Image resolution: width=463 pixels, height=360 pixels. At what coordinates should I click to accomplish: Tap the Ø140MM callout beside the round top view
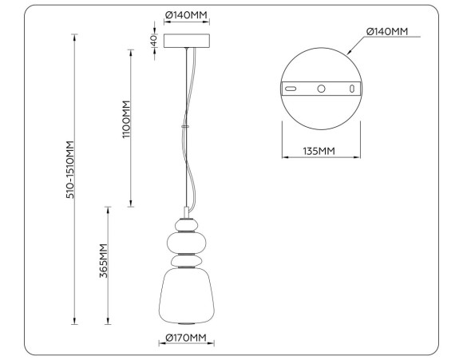click(386, 31)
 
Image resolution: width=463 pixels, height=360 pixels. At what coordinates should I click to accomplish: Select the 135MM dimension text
click(320, 151)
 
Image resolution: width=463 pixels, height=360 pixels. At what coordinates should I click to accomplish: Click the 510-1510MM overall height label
click(69, 170)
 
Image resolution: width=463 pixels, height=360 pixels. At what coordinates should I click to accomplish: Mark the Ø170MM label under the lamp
click(186, 338)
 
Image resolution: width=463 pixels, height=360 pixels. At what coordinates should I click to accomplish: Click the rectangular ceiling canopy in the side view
click(188, 41)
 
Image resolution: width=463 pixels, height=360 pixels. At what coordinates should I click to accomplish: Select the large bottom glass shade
click(187, 298)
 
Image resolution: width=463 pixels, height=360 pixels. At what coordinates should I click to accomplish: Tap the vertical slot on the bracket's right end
click(351, 88)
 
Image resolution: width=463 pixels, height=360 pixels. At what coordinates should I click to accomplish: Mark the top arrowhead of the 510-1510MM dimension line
click(74, 37)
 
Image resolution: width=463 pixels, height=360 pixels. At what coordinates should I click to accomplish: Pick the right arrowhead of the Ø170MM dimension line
click(213, 346)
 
